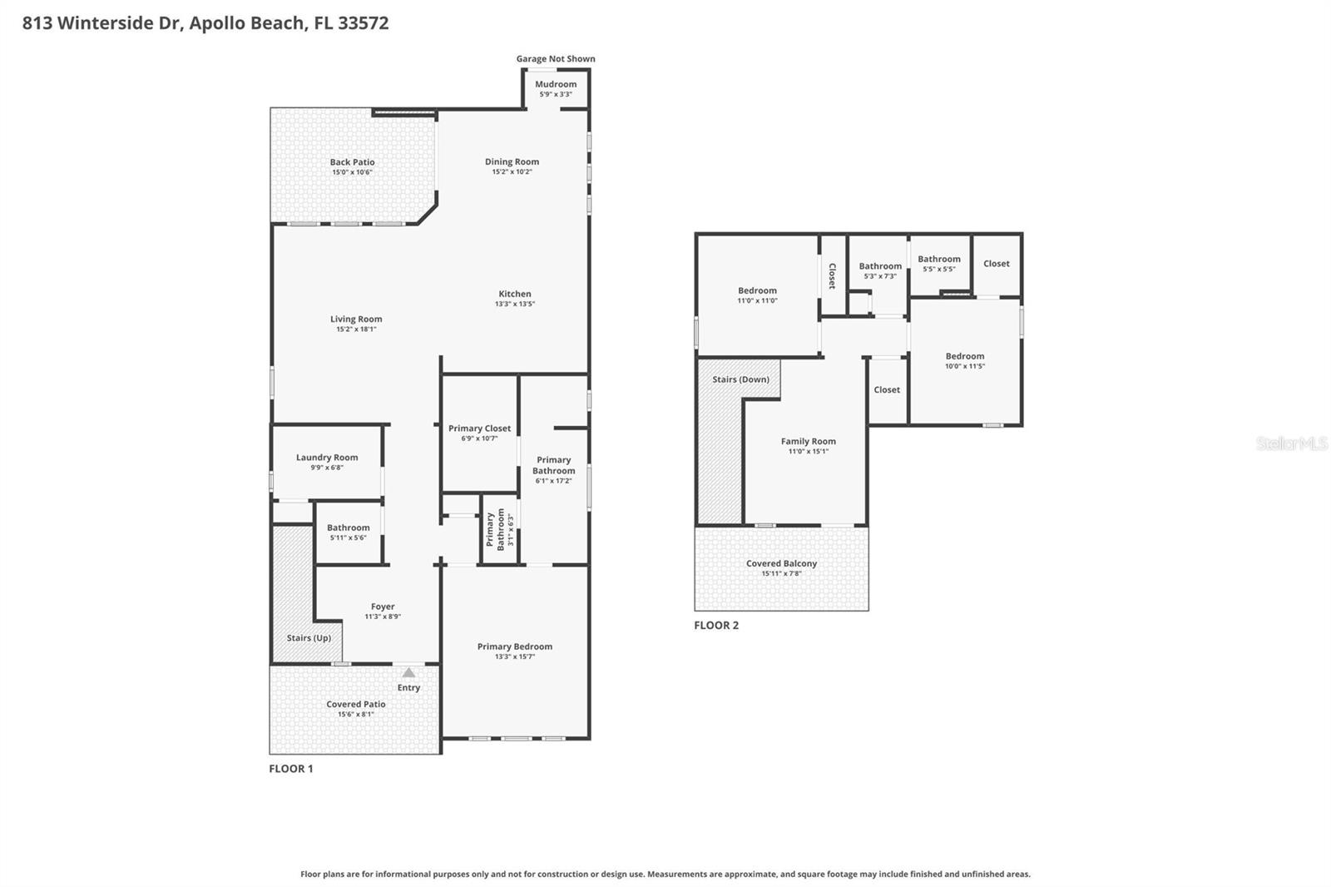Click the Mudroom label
point(556,84)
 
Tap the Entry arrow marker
point(408,672)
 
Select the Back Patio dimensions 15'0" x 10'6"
point(352,172)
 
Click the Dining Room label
point(512,161)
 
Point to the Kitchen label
point(514,294)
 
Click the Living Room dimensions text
point(356,330)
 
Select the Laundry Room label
point(327,457)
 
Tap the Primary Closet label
point(479,429)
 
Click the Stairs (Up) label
point(309,638)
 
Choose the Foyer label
point(383,607)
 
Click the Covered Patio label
point(355,704)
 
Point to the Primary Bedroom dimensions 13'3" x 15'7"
point(514,657)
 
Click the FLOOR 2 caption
point(716,626)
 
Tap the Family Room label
point(808,441)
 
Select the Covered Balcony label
point(781,563)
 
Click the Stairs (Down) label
point(740,379)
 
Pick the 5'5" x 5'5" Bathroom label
point(939,259)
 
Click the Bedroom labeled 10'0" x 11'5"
point(964,356)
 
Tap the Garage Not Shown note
point(555,59)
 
